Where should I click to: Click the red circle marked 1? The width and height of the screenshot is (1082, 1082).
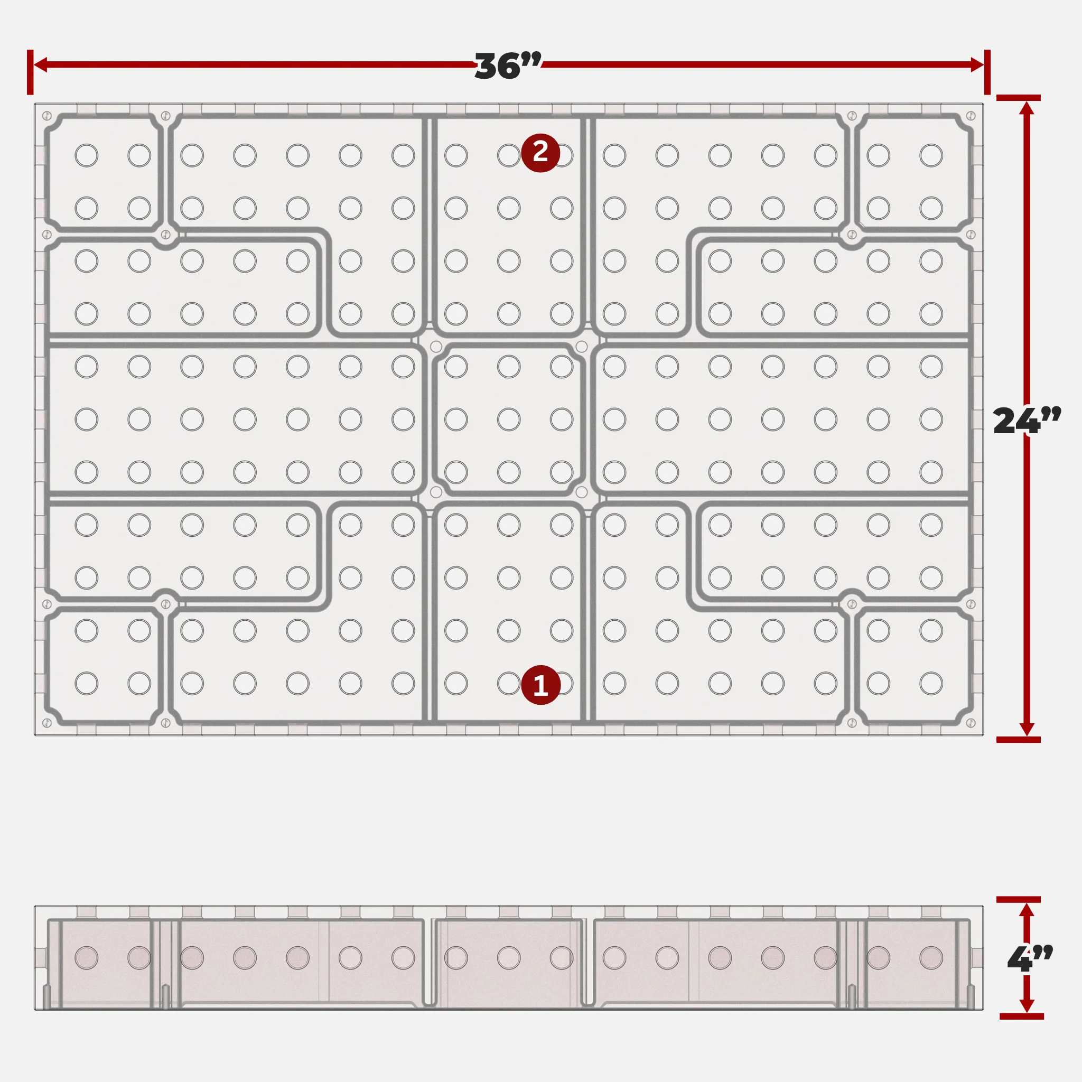coord(540,684)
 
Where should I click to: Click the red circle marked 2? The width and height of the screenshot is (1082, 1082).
coord(540,152)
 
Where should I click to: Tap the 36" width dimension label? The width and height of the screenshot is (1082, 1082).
coord(508,66)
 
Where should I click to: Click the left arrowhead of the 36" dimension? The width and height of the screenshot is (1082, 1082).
coord(40,64)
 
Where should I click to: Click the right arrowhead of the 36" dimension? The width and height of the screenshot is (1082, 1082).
coord(977,64)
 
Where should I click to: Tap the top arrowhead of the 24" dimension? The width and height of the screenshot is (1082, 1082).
coord(1027,108)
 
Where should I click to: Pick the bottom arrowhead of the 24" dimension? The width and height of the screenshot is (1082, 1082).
coord(1027,729)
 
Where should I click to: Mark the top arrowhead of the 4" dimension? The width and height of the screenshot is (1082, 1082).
coord(1027,910)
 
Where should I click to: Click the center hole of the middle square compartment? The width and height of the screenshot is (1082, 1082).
coord(509,419)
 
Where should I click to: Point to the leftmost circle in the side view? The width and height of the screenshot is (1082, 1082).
coord(86,958)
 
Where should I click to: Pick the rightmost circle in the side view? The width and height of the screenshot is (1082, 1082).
coord(931,958)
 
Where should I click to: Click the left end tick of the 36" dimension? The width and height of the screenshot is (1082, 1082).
coord(30,72)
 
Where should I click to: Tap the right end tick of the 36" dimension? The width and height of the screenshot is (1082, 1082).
coord(987,72)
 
